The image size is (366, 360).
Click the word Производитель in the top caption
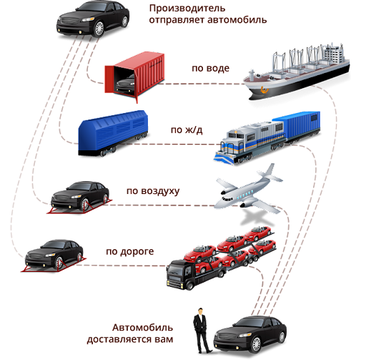click(x=187, y=9)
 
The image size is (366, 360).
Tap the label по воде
click(x=211, y=69)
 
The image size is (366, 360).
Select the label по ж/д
click(x=187, y=130)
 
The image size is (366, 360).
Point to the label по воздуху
click(x=153, y=191)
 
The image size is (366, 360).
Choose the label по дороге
click(x=130, y=252)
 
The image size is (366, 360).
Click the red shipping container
click(x=135, y=77)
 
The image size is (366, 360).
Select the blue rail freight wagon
click(x=113, y=133)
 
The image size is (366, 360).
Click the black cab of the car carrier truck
click(x=179, y=274)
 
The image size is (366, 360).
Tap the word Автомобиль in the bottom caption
click(x=142, y=328)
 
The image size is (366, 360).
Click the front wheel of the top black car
click(x=98, y=29)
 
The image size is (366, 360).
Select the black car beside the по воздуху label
click(x=80, y=197)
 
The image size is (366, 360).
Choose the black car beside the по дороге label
click(x=54, y=256)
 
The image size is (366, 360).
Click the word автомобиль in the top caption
click(x=237, y=20)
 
